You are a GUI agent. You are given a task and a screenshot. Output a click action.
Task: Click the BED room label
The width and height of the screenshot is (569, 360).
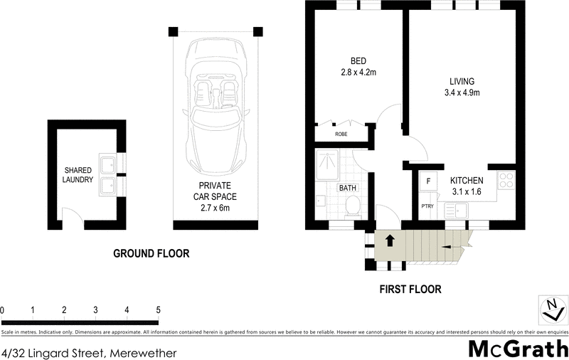[358, 61]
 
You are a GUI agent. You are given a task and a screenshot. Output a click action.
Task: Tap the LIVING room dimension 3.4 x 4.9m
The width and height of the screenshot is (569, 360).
[462, 92]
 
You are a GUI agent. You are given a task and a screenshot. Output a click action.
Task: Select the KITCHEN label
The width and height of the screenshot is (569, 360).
[467, 181]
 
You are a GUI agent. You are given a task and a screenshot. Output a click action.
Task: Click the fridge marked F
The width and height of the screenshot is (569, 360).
[429, 181]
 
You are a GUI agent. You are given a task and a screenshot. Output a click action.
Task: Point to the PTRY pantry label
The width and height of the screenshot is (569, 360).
[427, 206]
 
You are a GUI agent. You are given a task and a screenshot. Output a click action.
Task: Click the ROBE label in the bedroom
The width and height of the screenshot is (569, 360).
[341, 134]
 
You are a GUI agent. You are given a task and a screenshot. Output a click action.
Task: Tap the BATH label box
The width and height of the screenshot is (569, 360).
[348, 188]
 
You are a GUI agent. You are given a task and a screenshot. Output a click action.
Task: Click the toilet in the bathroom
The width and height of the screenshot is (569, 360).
[352, 207]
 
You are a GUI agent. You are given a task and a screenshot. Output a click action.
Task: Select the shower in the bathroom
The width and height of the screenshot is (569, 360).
[327, 165]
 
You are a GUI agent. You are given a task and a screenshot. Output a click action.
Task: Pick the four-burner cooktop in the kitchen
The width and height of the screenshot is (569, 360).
[506, 180]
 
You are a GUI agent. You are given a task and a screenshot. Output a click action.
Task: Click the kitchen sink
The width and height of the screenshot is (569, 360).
[456, 211]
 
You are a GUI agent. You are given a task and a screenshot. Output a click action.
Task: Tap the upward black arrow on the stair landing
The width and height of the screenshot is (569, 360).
[389, 240]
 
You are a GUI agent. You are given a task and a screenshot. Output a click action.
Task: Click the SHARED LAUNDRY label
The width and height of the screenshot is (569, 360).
[78, 174]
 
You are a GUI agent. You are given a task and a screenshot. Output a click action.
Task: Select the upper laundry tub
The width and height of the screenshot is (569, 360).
[108, 165]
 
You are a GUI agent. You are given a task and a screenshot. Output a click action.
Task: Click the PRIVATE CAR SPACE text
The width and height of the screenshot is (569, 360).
[215, 191]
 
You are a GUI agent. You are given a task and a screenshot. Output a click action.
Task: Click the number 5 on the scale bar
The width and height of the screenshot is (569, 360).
[158, 310]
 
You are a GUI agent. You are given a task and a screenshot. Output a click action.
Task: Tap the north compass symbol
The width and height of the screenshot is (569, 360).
[553, 309]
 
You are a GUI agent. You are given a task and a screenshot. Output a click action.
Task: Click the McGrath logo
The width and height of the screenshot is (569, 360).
[519, 349]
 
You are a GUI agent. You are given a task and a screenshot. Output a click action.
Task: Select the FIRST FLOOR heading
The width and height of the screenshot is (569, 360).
[410, 290]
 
